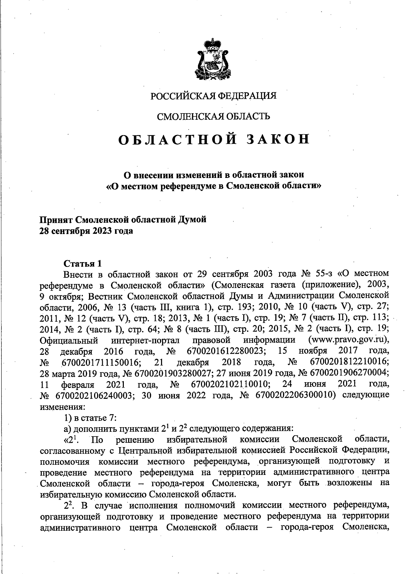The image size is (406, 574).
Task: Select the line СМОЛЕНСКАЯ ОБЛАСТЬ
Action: click(213, 117)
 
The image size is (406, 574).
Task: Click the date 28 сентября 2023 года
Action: click(87, 231)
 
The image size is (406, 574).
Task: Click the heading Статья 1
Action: click(83, 263)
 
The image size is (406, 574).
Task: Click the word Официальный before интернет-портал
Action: click(69, 340)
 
